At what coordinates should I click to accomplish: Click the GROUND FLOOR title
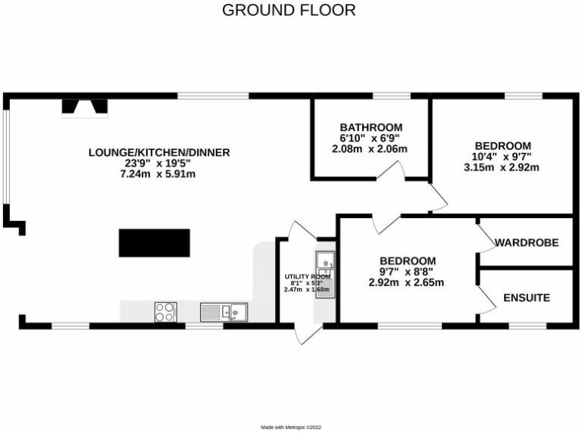[289, 11]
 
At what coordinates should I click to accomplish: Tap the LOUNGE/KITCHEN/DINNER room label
[159, 152]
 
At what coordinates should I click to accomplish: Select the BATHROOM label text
[371, 127]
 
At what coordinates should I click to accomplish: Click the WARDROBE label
[527, 243]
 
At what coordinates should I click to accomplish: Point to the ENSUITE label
[527, 298]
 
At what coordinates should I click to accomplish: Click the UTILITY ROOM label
[308, 277]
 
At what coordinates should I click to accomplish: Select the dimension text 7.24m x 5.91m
[159, 175]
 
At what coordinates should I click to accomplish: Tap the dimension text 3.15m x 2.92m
[502, 168]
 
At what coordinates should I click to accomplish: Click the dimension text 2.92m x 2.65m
[406, 283]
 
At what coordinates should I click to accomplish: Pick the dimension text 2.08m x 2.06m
[370, 149]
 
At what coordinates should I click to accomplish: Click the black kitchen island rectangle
[155, 243]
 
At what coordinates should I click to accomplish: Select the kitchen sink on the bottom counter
[224, 311]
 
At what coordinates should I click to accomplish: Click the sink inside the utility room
[324, 263]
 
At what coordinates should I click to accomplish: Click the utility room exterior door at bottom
[299, 334]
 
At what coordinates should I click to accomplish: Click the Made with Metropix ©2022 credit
[292, 428]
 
